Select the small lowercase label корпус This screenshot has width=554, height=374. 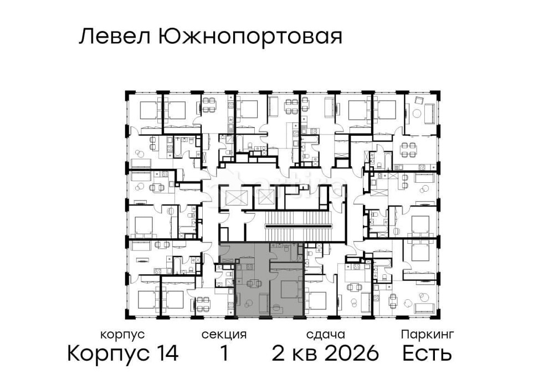point(122,335)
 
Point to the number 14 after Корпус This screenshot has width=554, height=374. point(166,353)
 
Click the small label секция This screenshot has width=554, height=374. point(224,335)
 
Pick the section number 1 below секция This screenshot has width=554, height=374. point(224,353)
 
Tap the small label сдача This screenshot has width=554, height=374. point(325,335)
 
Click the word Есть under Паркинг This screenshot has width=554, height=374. point(427,353)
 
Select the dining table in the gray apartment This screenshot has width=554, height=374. point(254,284)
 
